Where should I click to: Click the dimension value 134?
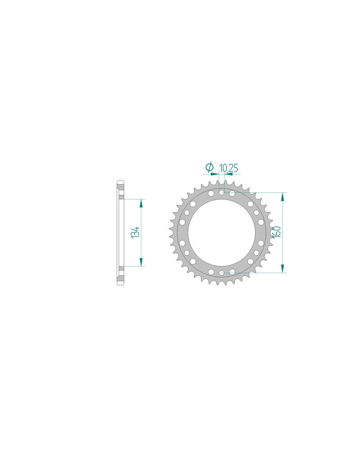point(136,232)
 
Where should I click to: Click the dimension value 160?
point(277,232)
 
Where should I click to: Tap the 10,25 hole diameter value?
point(228,168)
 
